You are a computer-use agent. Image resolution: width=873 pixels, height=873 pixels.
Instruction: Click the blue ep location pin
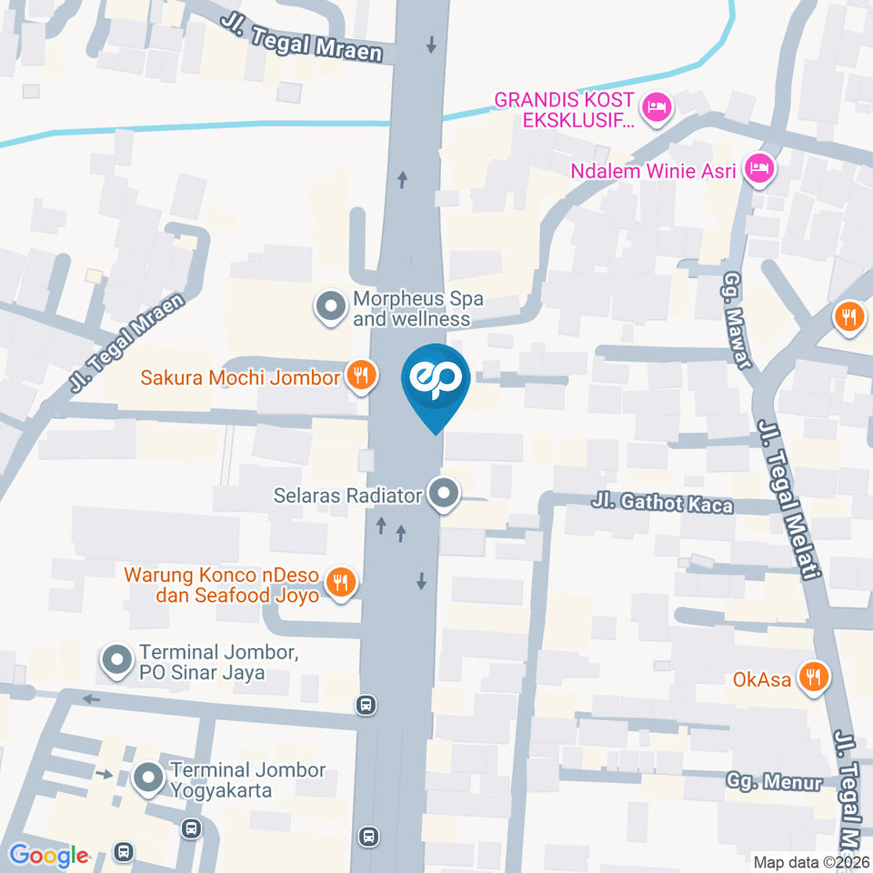pos(436,383)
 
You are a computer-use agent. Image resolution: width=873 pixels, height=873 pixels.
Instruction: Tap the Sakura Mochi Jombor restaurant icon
pos(361,376)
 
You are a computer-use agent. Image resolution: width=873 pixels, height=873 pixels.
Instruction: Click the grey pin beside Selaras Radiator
pos(444,495)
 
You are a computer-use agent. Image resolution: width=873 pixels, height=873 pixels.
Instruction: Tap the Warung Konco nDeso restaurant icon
pos(341,582)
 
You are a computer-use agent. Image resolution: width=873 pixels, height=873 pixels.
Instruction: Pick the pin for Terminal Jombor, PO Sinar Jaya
pos(116,661)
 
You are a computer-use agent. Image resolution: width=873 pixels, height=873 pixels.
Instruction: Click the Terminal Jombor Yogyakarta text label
pos(247,779)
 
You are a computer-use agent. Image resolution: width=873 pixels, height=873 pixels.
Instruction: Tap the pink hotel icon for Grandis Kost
pos(655,108)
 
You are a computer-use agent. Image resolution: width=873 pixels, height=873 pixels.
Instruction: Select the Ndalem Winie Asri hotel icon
pos(758,168)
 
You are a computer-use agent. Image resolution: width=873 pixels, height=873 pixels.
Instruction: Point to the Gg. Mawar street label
pos(736,321)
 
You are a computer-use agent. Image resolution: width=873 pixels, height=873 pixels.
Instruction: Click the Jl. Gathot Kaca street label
pos(662,503)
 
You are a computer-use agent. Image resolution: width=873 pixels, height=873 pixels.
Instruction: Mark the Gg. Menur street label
pos(774,781)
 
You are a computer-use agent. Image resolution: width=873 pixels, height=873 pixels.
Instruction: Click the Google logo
pos(48,856)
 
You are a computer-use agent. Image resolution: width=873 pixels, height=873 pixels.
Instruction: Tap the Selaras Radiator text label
pos(348,496)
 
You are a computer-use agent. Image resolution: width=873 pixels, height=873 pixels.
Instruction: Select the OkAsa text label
pos(761,678)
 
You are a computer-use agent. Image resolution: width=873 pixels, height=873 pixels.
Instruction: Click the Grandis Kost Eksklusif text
pos(563,108)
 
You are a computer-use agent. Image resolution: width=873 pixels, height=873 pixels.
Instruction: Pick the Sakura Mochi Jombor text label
pos(241,376)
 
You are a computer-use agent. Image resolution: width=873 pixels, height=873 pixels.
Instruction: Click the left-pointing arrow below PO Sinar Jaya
pos(91,699)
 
